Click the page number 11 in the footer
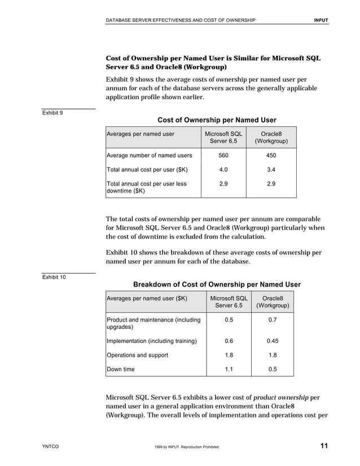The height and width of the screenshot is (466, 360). tap(324, 446)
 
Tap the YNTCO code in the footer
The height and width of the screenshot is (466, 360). tap(50, 447)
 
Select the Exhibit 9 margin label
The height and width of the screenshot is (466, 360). tap(52, 113)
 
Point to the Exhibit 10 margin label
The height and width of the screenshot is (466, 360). tap(54, 277)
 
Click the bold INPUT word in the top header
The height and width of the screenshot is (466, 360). tap(321, 20)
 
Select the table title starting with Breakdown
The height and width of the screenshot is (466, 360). tap(217, 284)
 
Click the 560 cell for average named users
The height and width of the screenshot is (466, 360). tap(223, 155)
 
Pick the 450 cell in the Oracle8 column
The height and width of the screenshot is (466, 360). tap(271, 155)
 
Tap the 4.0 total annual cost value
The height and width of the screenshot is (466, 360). tap(223, 169)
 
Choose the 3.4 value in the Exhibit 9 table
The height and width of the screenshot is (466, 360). tap(271, 169)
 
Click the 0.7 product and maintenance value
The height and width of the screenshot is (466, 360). tap(273, 320)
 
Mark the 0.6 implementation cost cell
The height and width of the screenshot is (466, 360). tap(229, 341)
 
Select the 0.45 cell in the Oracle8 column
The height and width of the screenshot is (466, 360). tap(273, 341)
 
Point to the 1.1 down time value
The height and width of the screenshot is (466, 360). tap(229, 370)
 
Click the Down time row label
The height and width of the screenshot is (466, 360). tap(121, 370)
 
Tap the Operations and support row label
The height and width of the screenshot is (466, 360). tap(137, 355)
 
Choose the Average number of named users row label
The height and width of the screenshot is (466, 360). tap(149, 155)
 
